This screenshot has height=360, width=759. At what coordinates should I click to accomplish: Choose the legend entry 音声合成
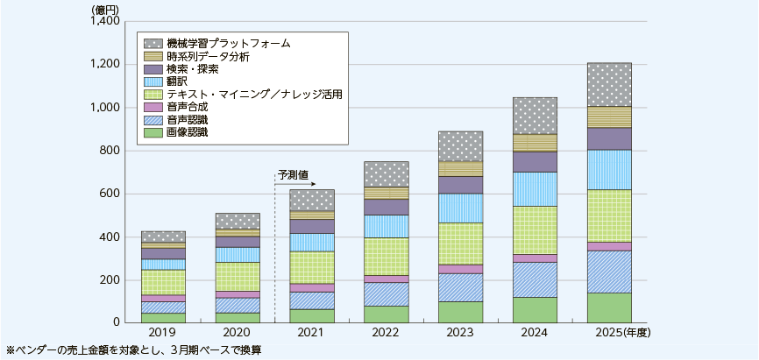tap(187, 106)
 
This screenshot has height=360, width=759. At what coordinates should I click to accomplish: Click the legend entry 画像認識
tap(187, 132)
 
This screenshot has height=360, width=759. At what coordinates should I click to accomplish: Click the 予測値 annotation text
tap(292, 175)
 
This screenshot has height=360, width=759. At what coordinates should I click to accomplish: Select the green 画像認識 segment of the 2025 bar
tap(608, 307)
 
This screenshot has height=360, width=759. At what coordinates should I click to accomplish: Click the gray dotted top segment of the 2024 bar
tap(534, 116)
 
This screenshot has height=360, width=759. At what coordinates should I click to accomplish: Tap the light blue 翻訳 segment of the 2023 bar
tap(459, 208)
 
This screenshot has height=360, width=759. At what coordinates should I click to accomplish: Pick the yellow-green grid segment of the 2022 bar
tap(385, 257)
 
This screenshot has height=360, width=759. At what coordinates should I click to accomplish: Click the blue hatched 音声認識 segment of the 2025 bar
tap(608, 272)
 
